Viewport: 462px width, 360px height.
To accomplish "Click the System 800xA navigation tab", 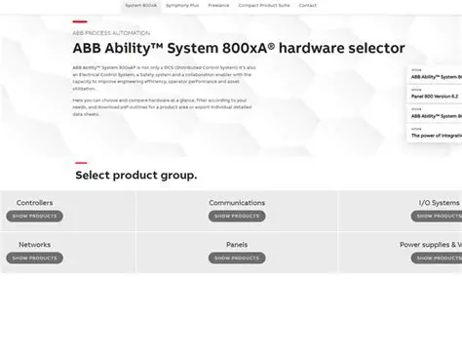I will tap(141, 5).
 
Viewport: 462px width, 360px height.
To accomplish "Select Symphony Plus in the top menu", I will tap(182, 5).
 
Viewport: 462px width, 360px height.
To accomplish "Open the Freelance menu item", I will tap(218, 5).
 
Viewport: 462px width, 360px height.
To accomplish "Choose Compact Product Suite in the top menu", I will tap(263, 5).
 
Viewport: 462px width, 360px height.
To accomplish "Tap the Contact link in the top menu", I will tap(307, 5).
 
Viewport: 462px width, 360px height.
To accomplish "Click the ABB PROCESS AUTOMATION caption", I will tap(103, 31).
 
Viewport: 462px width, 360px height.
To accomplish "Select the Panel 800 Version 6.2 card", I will tap(434, 96).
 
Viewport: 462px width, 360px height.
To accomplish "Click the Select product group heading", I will tap(135, 176).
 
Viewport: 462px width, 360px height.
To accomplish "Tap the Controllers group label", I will tap(35, 203).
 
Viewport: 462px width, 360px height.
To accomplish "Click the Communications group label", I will tap(237, 203).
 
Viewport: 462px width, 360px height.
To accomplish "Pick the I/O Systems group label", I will tap(439, 203).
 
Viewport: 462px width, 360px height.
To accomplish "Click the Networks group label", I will tap(35, 245).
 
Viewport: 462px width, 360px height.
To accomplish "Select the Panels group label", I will tap(237, 245).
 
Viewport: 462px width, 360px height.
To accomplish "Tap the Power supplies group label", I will tap(430, 245).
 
